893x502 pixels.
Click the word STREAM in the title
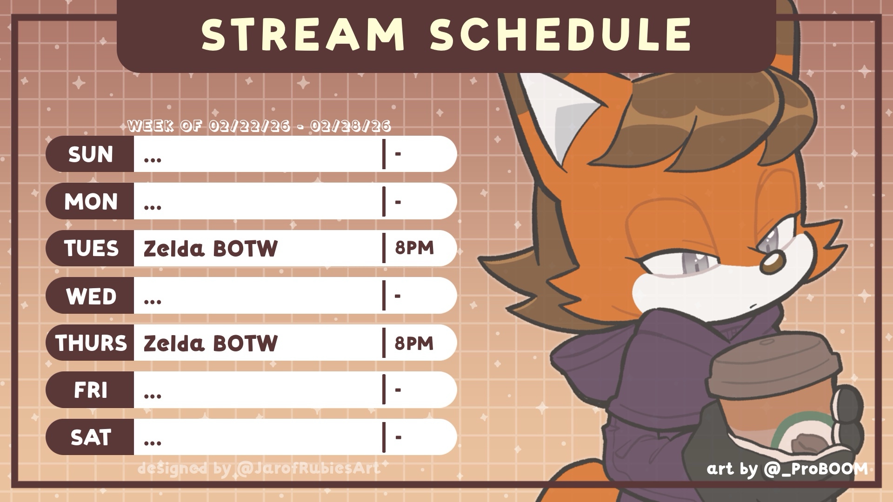(303, 35)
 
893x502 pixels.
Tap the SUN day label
(91, 154)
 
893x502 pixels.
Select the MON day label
(91, 202)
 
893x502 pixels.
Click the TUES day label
(91, 249)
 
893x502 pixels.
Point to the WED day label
(91, 296)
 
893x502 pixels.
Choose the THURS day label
(91, 343)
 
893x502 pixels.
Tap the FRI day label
(91, 390)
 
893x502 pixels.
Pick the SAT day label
(91, 437)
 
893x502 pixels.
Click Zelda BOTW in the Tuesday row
(210, 249)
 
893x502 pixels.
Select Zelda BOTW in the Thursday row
(210, 343)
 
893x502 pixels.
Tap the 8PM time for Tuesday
(414, 248)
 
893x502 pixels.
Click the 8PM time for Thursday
(414, 343)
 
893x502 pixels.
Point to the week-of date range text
(259, 125)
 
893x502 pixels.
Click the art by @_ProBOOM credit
(787, 469)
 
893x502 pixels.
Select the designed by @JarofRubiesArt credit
(259, 468)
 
